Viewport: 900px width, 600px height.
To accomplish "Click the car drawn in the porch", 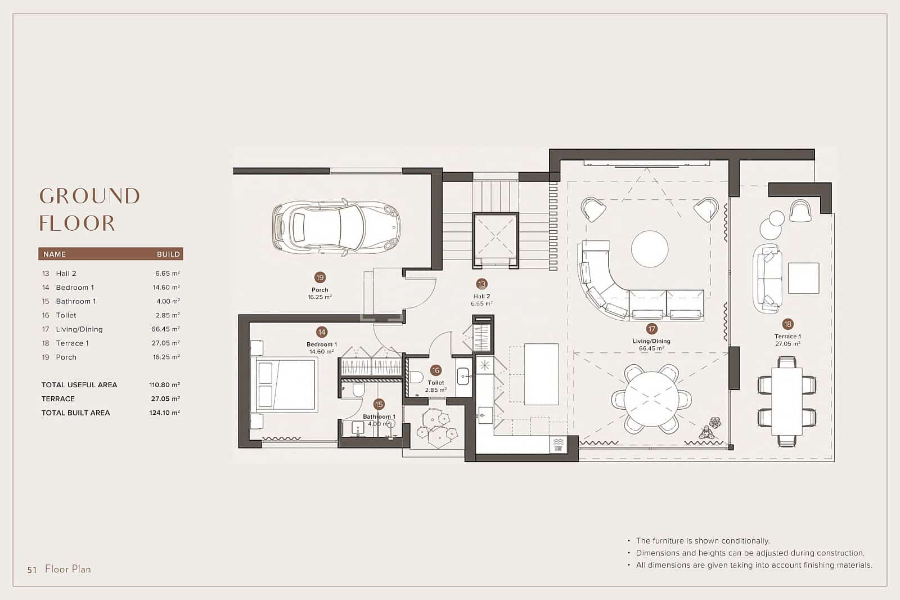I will (x=336, y=227).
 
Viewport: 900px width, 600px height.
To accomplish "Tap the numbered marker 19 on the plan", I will (x=320, y=277).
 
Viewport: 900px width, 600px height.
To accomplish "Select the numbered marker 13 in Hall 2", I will (x=481, y=284).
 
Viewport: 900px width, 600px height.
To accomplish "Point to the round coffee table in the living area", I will (x=650, y=249).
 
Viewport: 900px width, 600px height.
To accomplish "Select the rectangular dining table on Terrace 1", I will (x=786, y=401).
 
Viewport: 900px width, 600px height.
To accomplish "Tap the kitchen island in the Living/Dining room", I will (x=541, y=374).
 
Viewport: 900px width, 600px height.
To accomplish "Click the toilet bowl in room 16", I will (x=416, y=377).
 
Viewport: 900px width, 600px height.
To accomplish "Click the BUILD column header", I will (x=168, y=254).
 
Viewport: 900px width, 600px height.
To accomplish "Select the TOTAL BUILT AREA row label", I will (x=75, y=413).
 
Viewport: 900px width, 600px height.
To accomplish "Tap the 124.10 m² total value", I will (x=164, y=413).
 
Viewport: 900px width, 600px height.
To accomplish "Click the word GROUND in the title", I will (x=89, y=196).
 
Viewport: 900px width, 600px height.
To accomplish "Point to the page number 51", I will (x=32, y=570).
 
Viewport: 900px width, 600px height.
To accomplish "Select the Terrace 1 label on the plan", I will (x=787, y=337).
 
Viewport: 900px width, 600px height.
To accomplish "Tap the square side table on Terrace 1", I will (x=803, y=278).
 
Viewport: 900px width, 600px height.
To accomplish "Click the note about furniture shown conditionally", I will (x=702, y=541).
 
